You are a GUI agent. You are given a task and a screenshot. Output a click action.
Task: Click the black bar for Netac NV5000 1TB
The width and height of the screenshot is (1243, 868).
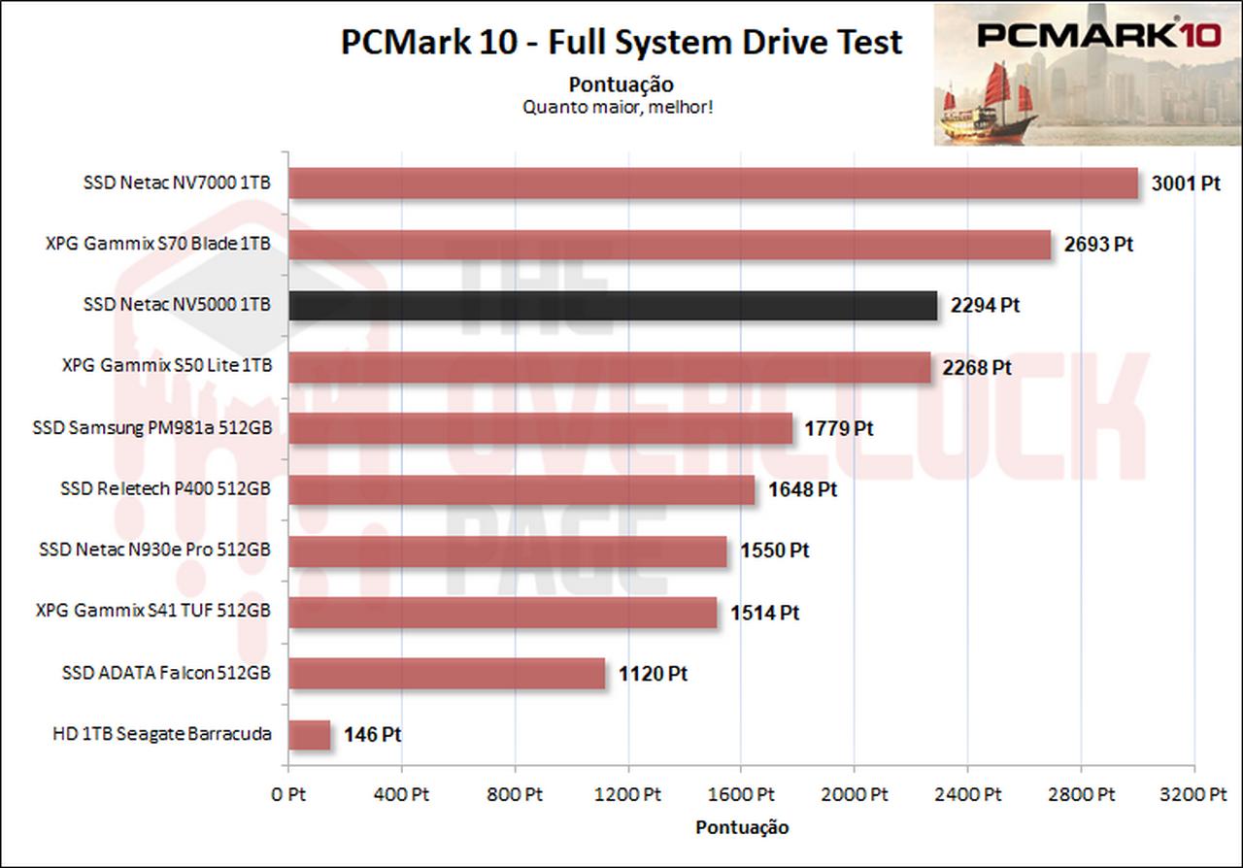point(613,306)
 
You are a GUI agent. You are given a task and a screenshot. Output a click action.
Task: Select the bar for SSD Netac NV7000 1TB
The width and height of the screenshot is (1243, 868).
point(713,184)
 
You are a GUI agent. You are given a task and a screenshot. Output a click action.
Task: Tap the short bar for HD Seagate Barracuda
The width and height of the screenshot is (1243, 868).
point(310,735)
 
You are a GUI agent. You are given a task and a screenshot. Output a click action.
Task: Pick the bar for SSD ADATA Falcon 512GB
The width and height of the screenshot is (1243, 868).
point(447,673)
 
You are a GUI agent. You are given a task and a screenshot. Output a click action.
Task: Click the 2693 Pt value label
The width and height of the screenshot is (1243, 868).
point(1098,245)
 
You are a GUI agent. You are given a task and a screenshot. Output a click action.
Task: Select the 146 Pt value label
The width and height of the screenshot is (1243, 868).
point(373,735)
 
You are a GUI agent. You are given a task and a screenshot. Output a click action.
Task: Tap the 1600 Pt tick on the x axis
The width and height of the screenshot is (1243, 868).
point(740,794)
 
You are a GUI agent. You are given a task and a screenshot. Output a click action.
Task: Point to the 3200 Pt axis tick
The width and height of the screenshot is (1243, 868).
point(1193,794)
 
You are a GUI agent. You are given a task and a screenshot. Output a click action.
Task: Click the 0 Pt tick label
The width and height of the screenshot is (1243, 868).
point(287,794)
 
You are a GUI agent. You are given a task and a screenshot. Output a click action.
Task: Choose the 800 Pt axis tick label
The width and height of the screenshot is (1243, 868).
point(514,794)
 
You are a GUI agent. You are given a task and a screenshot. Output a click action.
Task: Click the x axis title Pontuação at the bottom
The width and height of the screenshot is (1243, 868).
point(742,827)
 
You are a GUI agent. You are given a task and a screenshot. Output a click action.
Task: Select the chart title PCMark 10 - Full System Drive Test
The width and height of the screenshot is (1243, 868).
point(621,43)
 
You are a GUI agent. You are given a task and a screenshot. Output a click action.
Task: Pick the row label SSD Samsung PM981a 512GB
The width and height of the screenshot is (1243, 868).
point(151,428)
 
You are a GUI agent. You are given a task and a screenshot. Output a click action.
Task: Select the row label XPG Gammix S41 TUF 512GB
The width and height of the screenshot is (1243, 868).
point(152,612)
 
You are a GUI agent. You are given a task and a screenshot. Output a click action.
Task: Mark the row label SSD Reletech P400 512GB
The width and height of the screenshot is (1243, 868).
point(165,488)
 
